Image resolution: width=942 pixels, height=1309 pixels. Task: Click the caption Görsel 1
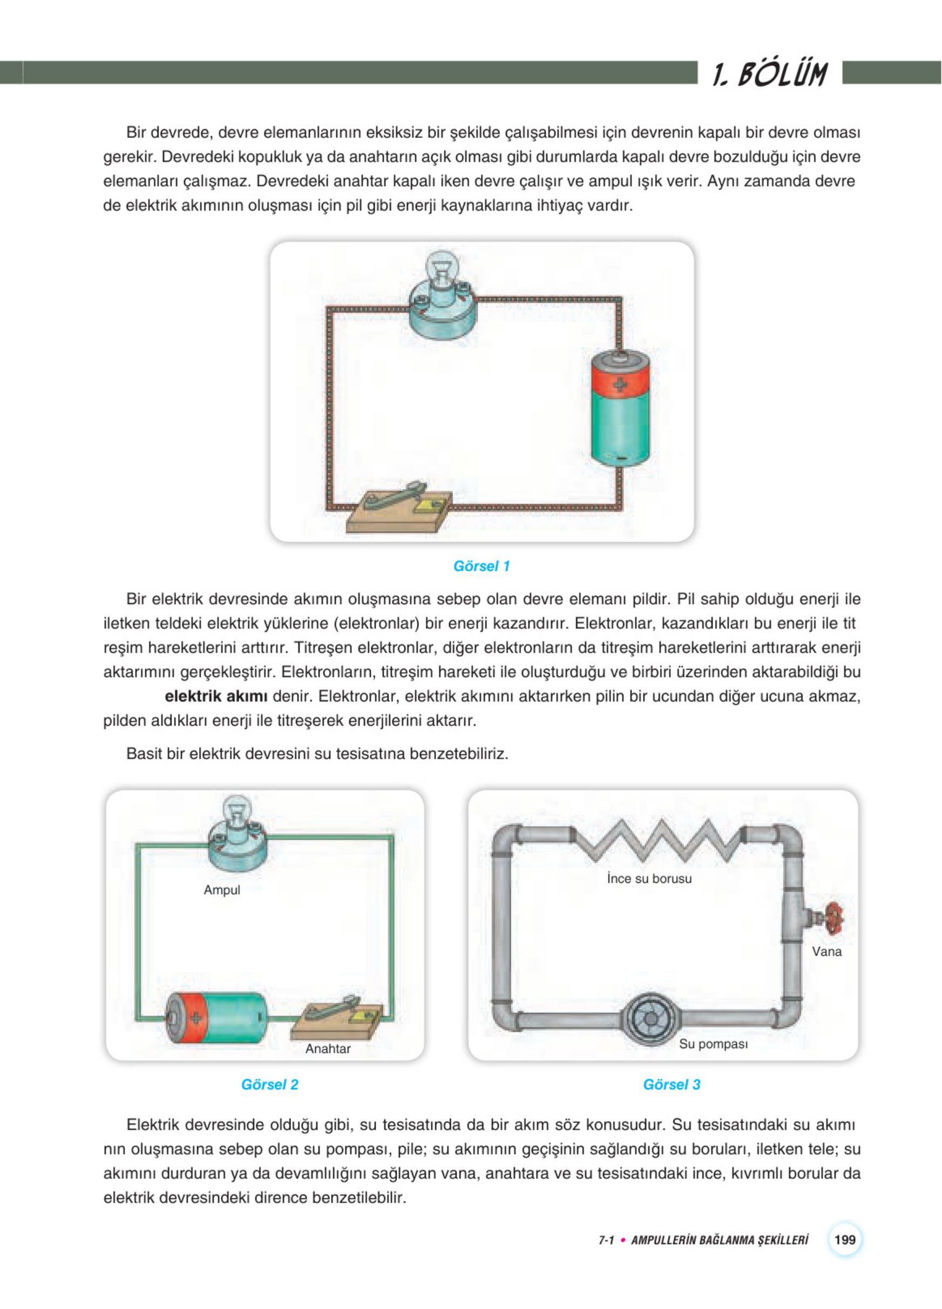click(482, 566)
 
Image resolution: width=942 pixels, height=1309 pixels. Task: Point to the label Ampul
click(221, 890)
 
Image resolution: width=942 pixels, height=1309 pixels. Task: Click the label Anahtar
click(328, 1049)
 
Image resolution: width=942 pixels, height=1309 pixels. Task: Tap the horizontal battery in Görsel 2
click(217, 1017)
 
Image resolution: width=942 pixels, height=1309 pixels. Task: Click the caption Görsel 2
click(269, 1084)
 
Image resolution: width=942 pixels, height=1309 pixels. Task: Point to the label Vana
click(826, 952)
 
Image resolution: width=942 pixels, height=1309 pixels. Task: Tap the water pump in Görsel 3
click(650, 1018)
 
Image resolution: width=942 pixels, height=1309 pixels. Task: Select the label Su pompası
click(713, 1044)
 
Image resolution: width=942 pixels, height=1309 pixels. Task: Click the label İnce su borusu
click(649, 879)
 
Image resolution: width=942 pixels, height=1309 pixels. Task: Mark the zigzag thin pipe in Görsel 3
click(658, 840)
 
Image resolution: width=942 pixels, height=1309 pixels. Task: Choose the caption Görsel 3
click(672, 1084)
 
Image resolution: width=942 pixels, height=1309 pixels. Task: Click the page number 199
click(844, 1239)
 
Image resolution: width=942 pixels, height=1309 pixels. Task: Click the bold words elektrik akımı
click(216, 696)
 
